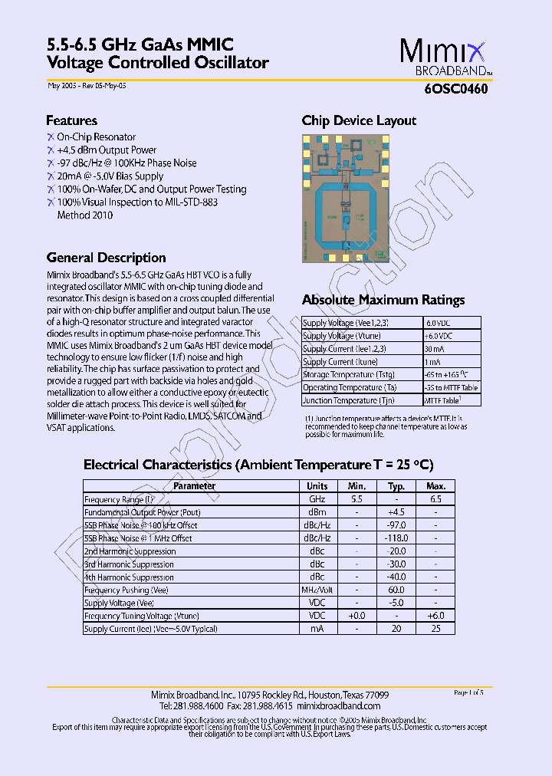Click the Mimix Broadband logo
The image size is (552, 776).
point(442,57)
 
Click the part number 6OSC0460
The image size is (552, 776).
point(456,88)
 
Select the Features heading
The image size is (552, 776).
point(71,120)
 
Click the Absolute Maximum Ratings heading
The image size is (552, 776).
point(383,300)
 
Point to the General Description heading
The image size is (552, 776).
point(106,258)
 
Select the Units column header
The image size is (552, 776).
point(317,486)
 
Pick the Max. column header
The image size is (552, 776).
point(435,486)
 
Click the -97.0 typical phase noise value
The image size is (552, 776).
point(396,525)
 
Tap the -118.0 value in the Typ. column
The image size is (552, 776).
point(396,538)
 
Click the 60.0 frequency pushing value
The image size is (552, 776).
point(396,590)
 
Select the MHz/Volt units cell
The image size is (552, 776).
point(317,590)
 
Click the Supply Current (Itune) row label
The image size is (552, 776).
point(340,362)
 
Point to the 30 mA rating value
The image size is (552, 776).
point(434,349)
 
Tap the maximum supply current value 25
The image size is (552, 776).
point(435,629)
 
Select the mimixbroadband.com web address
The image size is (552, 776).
point(338,705)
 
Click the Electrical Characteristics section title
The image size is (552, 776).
point(258,465)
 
